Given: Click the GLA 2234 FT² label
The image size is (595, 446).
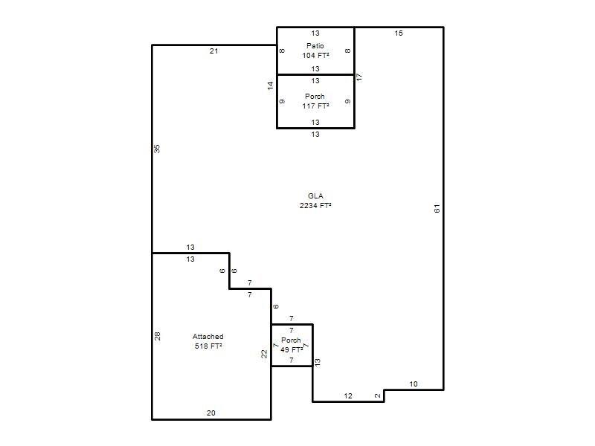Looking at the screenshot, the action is [315, 201].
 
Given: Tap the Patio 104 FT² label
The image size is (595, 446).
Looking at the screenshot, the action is [315, 51].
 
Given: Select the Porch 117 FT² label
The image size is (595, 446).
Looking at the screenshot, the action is [315, 101].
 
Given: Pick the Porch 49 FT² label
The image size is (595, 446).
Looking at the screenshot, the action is [292, 345].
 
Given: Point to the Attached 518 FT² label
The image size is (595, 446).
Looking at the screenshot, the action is [208, 341].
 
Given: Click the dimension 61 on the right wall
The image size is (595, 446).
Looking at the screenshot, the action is [437, 208].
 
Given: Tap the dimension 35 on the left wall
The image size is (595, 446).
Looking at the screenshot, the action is [157, 149].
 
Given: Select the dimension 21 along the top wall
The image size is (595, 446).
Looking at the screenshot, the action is [214, 51].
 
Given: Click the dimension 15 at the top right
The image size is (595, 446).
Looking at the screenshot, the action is [399, 33].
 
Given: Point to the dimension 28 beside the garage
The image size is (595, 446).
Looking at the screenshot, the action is [157, 336].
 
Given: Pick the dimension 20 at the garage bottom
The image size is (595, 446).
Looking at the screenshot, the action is [211, 413].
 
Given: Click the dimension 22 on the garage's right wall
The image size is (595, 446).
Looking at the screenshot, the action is [264, 354].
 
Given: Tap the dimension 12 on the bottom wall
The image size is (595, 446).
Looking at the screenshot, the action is [348, 395].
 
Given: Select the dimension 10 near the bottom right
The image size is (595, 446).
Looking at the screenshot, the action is [414, 384].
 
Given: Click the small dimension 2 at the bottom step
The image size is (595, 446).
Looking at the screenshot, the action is [378, 395].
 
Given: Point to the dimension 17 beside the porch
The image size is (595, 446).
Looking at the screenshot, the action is [359, 77].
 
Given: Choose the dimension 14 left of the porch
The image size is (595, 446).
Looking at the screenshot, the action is [270, 85].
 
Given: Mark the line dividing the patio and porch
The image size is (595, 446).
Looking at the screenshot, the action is [315, 74].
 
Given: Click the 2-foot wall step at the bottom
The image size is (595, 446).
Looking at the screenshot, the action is [384, 395].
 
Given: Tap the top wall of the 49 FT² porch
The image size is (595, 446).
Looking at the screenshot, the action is [292, 324].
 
